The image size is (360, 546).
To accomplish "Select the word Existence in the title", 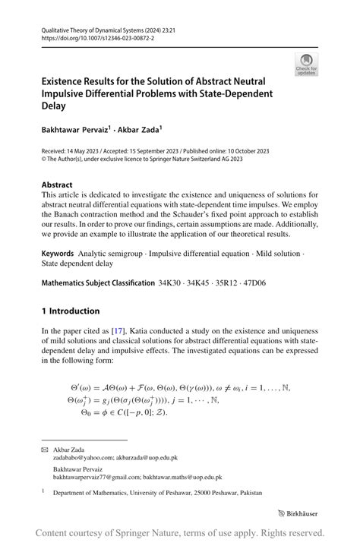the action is pos(73,79).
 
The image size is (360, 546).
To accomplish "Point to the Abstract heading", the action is pos(57,185).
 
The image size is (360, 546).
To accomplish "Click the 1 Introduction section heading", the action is pos(71,311).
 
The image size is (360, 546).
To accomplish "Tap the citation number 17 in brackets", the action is pos(118,330).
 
